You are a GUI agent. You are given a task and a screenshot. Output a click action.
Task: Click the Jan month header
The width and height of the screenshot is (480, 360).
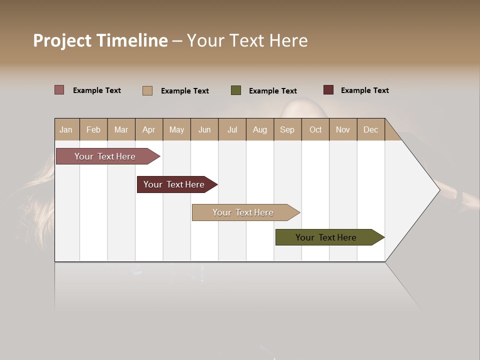click(x=66, y=129)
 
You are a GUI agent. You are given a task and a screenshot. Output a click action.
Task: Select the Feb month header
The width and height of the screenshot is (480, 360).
click(x=93, y=129)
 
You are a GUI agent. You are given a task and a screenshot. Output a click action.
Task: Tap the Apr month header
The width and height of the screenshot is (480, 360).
click(x=149, y=129)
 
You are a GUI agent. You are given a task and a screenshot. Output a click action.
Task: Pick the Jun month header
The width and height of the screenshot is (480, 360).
click(x=204, y=129)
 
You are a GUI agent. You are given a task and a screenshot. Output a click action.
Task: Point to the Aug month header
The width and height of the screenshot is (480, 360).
click(x=260, y=129)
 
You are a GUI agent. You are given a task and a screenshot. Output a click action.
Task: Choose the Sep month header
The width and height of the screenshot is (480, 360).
click(x=287, y=129)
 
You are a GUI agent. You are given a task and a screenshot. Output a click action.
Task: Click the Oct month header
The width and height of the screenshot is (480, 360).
click(x=315, y=129)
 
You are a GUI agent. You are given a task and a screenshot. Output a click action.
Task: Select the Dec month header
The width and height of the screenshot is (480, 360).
click(x=371, y=129)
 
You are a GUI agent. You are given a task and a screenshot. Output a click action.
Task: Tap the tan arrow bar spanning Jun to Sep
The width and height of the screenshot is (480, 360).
click(x=243, y=212)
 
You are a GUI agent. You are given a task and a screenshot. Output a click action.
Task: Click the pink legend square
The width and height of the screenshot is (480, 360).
click(x=59, y=90)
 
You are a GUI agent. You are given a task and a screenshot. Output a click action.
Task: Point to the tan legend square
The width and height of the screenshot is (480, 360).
click(x=147, y=90)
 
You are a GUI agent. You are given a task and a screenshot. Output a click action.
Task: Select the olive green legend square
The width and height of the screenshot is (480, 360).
click(x=236, y=90)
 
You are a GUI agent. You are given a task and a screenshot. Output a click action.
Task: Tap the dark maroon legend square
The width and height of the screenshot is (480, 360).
click(x=328, y=90)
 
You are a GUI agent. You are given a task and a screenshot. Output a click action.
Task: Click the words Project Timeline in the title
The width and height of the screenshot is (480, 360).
click(x=100, y=40)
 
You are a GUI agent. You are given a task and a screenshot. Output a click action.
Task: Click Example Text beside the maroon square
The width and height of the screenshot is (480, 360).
click(x=364, y=90)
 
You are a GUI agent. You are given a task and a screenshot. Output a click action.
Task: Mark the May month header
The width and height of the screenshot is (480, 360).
click(x=176, y=129)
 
